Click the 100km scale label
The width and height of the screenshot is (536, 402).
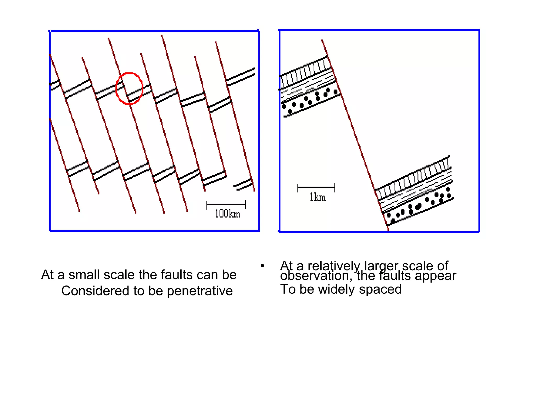[227, 214]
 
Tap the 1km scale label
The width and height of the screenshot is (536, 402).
[317, 197]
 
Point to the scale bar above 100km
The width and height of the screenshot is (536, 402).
[226, 204]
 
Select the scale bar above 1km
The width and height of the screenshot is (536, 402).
[316, 187]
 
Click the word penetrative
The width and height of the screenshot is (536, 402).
[200, 291]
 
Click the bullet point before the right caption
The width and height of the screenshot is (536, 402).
[262, 266]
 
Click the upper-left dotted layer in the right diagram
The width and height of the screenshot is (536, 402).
[309, 102]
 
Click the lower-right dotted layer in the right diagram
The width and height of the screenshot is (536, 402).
[419, 207]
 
